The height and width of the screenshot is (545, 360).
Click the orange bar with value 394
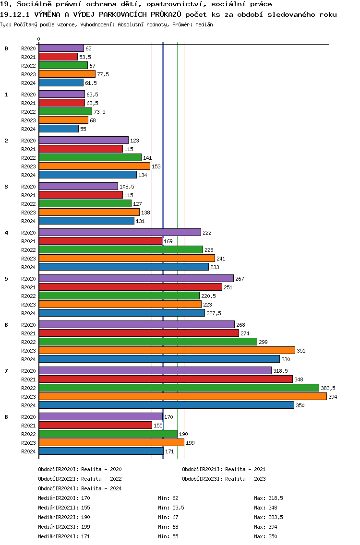pyautogui.click(x=182, y=396)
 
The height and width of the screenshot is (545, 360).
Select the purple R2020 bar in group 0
pyautogui.click(x=61, y=48)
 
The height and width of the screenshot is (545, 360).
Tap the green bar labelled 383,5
pyautogui.click(x=179, y=388)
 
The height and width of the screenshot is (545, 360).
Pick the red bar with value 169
pyautogui.click(x=100, y=241)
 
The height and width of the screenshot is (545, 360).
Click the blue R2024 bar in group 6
pyautogui.click(x=159, y=359)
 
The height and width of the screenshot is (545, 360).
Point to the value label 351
pyautogui.click(x=301, y=351)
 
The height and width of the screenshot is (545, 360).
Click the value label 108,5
pyautogui.click(x=127, y=187)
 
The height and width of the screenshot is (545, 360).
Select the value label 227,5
pyautogui.click(x=214, y=313)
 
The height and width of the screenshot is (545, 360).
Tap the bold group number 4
pyautogui.click(x=6, y=233)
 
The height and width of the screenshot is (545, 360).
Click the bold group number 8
pyautogui.click(x=6, y=417)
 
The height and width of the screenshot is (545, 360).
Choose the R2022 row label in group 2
pyautogui.click(x=28, y=158)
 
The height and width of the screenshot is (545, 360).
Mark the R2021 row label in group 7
pyautogui.click(x=28, y=379)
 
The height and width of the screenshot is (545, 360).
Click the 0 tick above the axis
pyautogui.click(x=39, y=39)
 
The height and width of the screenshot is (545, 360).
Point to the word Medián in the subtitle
pyautogui.click(x=203, y=24)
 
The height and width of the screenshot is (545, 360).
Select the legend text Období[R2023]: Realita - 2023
pyautogui.click(x=224, y=479)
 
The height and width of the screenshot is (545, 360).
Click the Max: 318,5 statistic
pyautogui.click(x=268, y=498)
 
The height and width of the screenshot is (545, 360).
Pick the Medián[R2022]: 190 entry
pyautogui.click(x=64, y=517)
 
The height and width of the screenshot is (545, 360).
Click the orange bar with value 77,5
pyautogui.click(x=67, y=74)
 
